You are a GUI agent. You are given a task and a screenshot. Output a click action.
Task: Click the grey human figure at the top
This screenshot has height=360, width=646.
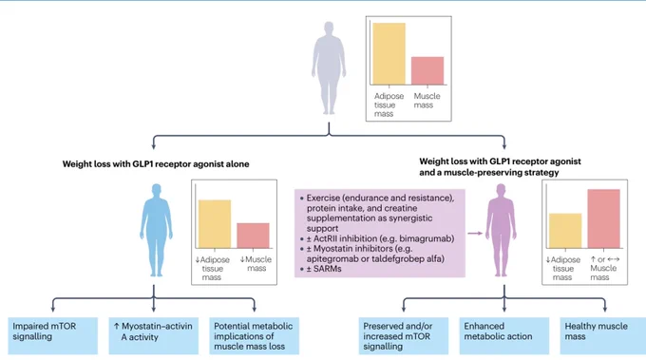point(329,68)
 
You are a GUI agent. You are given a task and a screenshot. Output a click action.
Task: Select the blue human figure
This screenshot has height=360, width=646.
point(156,230)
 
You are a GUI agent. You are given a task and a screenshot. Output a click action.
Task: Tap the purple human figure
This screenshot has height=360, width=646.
point(501,230)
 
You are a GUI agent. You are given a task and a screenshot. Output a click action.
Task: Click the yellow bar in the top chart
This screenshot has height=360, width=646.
point(389,54)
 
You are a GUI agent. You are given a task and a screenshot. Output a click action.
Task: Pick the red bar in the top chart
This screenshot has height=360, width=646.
point(427,71)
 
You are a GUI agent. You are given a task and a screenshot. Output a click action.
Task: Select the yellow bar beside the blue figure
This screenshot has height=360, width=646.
point(215,224)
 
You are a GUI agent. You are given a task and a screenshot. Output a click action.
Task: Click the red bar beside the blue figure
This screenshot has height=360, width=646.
point(253,236)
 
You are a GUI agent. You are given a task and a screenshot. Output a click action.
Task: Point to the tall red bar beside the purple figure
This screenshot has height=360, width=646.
point(603,218)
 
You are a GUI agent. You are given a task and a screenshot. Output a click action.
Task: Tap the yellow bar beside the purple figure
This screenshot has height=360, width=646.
point(565,231)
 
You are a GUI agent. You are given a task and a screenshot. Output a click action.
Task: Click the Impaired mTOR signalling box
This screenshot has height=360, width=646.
point(53,335)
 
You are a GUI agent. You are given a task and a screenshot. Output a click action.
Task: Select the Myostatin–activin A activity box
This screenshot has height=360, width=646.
point(154,335)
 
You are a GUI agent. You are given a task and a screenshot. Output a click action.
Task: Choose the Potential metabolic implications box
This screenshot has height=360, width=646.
point(255,335)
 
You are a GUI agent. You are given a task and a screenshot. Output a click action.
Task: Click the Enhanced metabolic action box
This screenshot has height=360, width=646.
point(504,335)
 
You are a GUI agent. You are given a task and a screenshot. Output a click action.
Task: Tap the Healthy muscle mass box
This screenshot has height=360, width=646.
point(603,335)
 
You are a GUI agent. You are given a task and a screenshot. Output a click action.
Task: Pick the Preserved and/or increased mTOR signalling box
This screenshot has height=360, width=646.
point(404,335)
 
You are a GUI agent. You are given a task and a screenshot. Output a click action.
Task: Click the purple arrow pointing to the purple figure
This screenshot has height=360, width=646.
point(475,234)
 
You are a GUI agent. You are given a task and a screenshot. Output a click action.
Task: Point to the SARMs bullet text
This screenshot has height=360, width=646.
point(324,269)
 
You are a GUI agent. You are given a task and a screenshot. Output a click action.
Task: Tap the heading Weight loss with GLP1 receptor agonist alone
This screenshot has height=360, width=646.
point(156,164)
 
